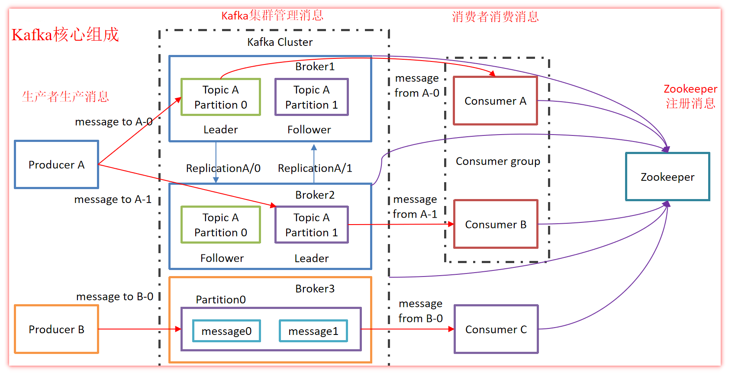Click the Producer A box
pos(56,164)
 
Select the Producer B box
pos(56,329)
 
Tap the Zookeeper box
pos(667,177)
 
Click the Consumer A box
pos(495,101)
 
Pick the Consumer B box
pos(496,224)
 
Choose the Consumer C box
pos(496,329)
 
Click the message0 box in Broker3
pos(226,331)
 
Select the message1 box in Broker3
pos(313,331)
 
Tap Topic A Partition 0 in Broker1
pos(221,97)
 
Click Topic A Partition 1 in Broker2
pos(312,225)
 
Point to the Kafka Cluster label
pos(280,42)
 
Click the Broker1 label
pos(315,66)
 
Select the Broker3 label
pos(315,289)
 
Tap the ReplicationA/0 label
pos(223,168)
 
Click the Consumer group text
pos(498,161)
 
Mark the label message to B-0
pos(115,296)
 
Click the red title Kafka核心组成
pos(65,35)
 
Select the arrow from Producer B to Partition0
pos(139,329)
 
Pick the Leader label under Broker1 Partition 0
pos(220,129)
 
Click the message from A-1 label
pos(415,206)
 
